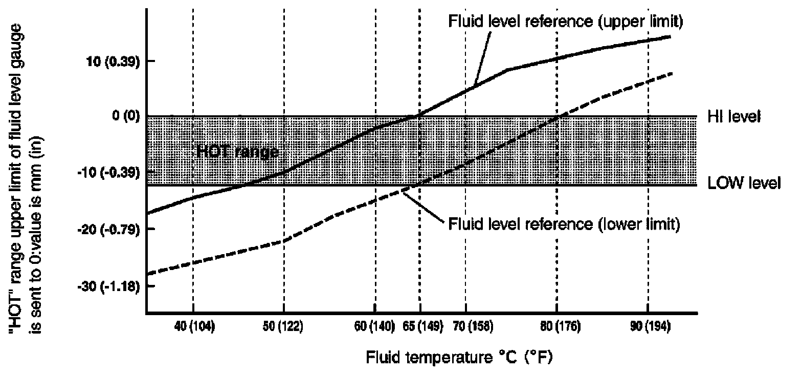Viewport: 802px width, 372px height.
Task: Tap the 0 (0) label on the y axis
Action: [125, 117]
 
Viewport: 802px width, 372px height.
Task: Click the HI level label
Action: [734, 117]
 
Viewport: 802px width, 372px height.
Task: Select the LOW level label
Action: [744, 183]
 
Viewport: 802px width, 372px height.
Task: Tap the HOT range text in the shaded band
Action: [237, 152]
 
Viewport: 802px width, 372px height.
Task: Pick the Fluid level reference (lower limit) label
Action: [564, 224]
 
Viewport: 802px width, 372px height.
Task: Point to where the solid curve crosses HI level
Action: [417, 116]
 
